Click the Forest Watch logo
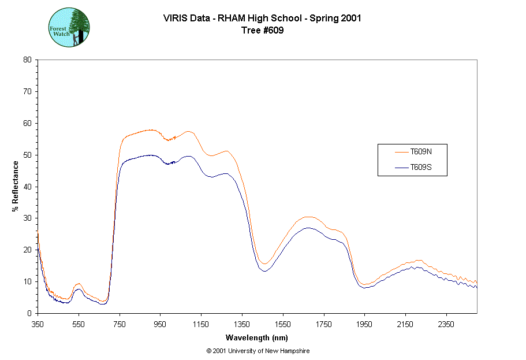pyautogui.click(x=69, y=27)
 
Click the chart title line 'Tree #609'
pyautogui.click(x=263, y=31)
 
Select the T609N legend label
pyautogui.click(x=420, y=152)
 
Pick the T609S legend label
pyautogui.click(x=420, y=168)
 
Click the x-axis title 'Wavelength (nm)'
pyautogui.click(x=257, y=338)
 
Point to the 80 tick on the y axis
pyautogui.click(x=27, y=60)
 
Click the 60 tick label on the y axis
pyautogui.click(x=27, y=123)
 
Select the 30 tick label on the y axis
pyautogui.click(x=27, y=218)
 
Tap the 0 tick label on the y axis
pyautogui.click(x=29, y=313)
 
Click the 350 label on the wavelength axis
pyautogui.click(x=38, y=324)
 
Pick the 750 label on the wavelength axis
pyautogui.click(x=120, y=324)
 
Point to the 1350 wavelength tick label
pyautogui.click(x=242, y=324)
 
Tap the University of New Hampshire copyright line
pyautogui.click(x=258, y=351)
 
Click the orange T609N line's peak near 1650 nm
pyautogui.click(x=308, y=217)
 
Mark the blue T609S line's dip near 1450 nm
pyautogui.click(x=264, y=270)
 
